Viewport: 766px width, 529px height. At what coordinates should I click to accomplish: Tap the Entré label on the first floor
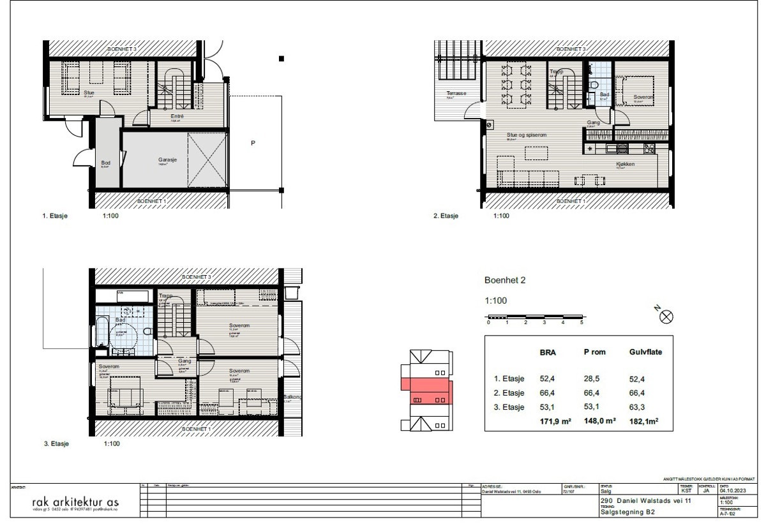coord(177,116)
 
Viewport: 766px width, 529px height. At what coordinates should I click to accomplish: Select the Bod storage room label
coord(105,163)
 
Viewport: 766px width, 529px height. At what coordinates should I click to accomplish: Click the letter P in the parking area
coord(253,144)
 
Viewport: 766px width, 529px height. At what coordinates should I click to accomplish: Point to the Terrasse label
coord(456,94)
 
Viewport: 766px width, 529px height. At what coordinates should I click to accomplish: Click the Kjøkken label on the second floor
coord(625,165)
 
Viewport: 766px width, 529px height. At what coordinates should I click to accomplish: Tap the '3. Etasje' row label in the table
coord(509,407)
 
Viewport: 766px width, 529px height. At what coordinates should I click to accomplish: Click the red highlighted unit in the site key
coord(426,391)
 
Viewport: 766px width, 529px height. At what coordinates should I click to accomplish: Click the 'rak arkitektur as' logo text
coord(75,503)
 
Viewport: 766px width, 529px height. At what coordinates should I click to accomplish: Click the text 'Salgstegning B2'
coord(628,512)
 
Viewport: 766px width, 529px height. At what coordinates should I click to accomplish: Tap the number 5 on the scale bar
coord(582,323)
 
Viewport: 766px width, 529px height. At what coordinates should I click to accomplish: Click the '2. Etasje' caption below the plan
coord(446,216)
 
